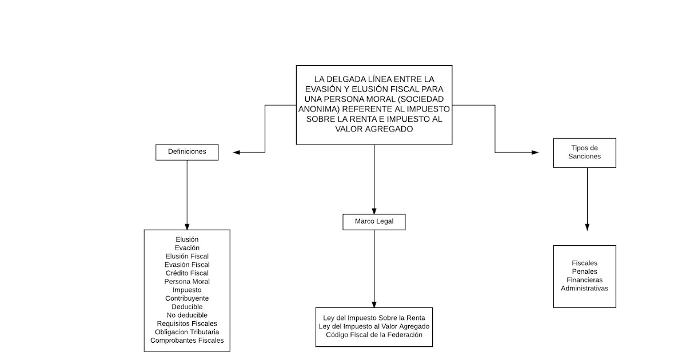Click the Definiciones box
tap(187, 152)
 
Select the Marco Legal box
tap(374, 222)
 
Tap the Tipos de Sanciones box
tap(584, 152)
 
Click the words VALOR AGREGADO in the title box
tap(374, 129)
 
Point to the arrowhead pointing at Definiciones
tap(237, 152)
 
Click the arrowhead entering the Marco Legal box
tap(374, 210)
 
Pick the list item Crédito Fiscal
tap(187, 273)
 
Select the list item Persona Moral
tap(187, 282)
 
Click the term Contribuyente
tap(187, 298)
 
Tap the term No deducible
tap(187, 315)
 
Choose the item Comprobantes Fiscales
tap(187, 340)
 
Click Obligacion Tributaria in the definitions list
tap(187, 331)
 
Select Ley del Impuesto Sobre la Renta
tap(374, 318)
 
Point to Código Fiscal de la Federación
tap(374, 334)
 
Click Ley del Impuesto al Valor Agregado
tap(374, 326)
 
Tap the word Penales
tap(584, 271)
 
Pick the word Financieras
tap(584, 280)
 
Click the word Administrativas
tap(584, 288)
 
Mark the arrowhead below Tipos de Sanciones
tap(587, 227)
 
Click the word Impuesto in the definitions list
tap(187, 290)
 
